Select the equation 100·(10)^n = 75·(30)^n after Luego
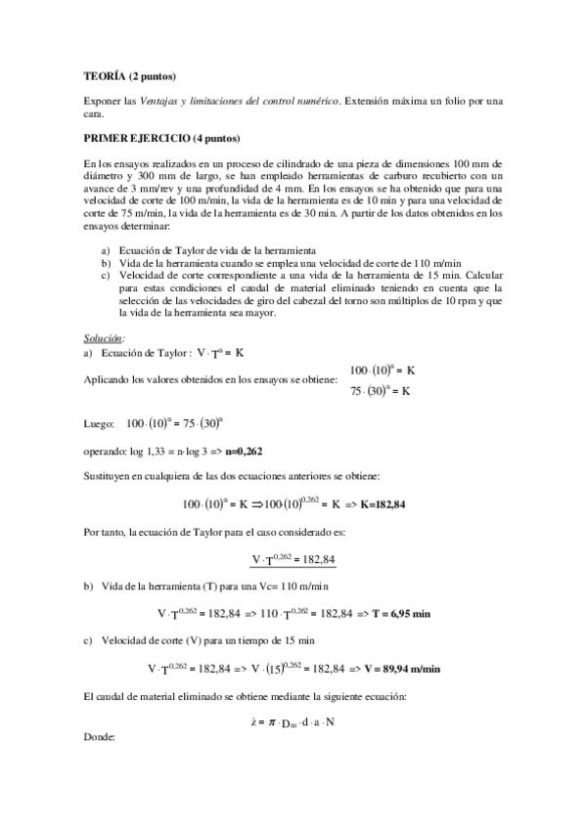[x=186, y=423]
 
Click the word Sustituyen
[x=110, y=477]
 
